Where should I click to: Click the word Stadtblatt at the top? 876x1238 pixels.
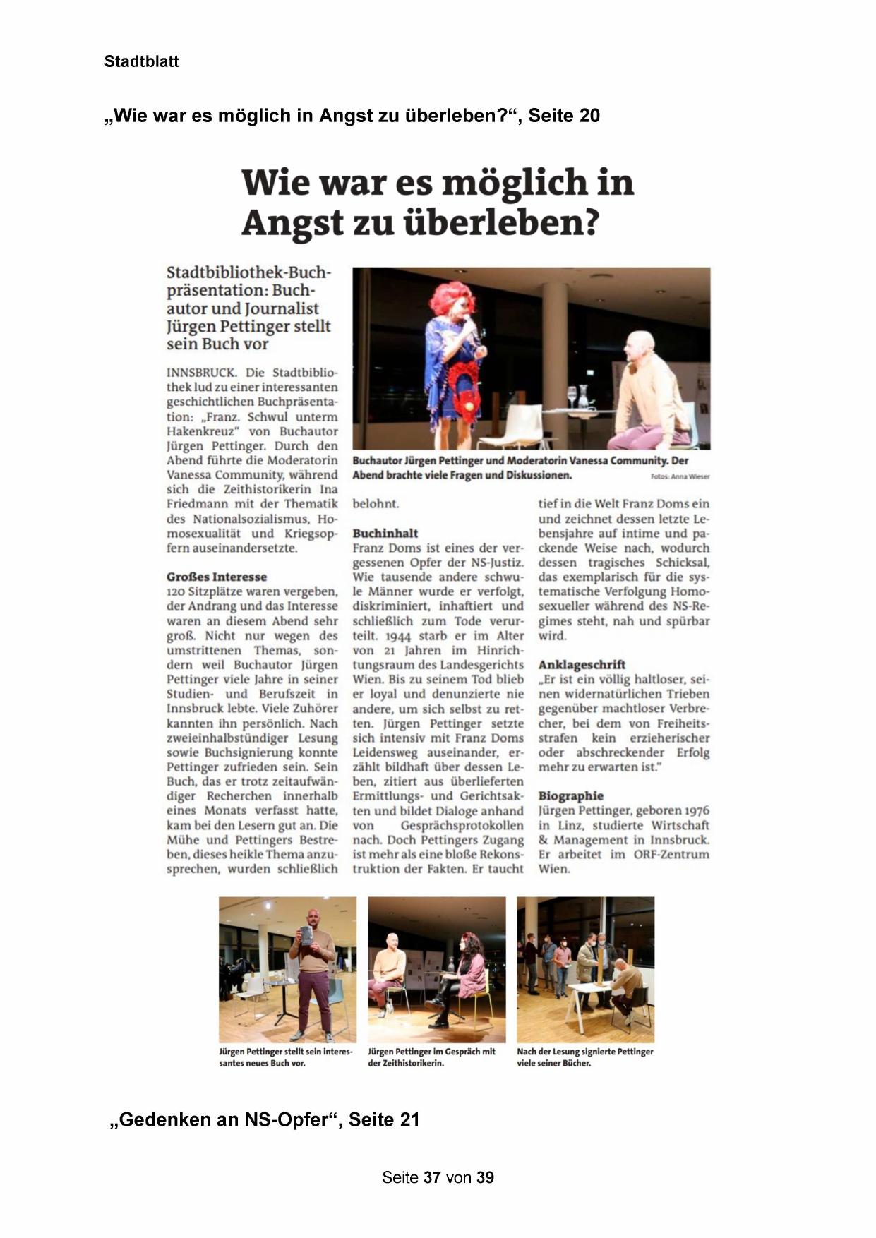tap(141, 61)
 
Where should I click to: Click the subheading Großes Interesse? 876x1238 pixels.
tap(216, 577)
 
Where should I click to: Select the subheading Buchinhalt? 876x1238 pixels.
tap(385, 533)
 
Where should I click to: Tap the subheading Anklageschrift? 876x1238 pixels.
tap(582, 664)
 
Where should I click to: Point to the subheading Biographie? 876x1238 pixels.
tap(570, 795)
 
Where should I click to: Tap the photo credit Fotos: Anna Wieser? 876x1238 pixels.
tap(680, 477)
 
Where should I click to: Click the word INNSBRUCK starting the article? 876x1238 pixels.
tap(201, 372)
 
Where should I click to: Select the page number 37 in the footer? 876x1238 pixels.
tap(432, 1177)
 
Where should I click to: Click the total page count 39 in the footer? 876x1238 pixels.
tap(485, 1177)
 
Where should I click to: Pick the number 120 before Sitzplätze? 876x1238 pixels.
tap(177, 591)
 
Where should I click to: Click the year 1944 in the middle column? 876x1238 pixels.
tap(399, 635)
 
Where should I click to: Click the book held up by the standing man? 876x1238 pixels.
tap(307, 934)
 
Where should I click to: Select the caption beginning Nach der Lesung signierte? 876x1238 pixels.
tap(584, 1057)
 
